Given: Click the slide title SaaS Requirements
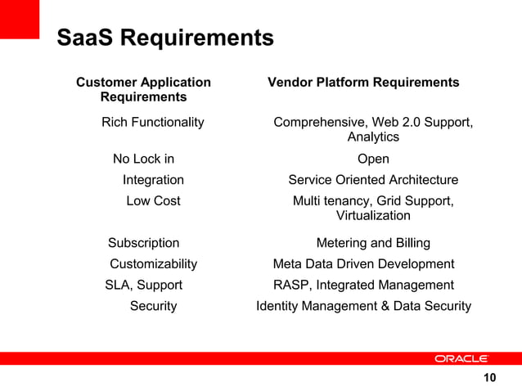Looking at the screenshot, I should [164, 38].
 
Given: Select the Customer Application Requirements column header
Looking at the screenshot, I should [143, 90].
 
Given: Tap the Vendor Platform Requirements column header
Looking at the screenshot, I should [363, 83].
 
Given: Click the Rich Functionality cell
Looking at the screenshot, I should [152, 122].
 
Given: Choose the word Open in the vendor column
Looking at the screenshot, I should [373, 159].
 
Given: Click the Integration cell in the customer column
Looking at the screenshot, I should [153, 180].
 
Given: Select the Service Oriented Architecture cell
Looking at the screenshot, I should [373, 180].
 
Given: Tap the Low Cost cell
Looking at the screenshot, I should [153, 200].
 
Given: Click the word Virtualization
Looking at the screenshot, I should [373, 216].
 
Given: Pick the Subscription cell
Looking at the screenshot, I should [144, 243].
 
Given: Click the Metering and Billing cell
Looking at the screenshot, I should [373, 243].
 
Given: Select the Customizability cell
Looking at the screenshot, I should [153, 263].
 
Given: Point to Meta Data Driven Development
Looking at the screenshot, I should [363, 263].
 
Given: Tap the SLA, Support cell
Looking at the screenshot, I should [144, 285].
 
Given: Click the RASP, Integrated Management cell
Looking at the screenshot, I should [363, 285].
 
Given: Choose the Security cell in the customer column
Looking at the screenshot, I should [153, 306].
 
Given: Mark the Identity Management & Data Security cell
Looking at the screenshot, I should [363, 306].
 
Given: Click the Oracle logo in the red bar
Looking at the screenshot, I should [461, 358].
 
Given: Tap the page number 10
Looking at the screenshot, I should [489, 377].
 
